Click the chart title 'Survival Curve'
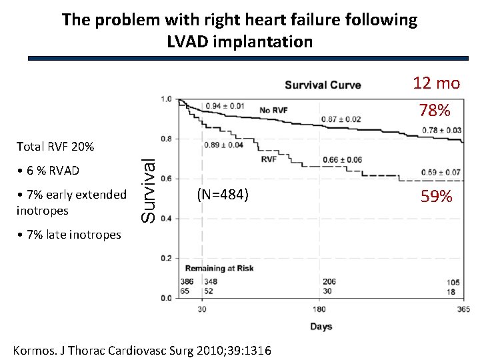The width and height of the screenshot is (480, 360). coord(323,85)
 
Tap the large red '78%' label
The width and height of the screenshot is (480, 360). coord(435,110)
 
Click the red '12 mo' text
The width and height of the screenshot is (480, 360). coord(436,83)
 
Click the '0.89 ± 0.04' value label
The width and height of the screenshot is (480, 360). coord(224,145)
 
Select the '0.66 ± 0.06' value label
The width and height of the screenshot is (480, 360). coord(343,160)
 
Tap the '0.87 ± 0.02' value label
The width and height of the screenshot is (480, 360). coord(341,119)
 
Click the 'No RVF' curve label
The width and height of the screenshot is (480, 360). coord(273,110)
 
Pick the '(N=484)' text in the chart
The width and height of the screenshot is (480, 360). coord(223,195)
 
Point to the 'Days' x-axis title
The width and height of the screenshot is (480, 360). coord(321,327)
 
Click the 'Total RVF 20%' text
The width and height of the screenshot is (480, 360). coord(55,146)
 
